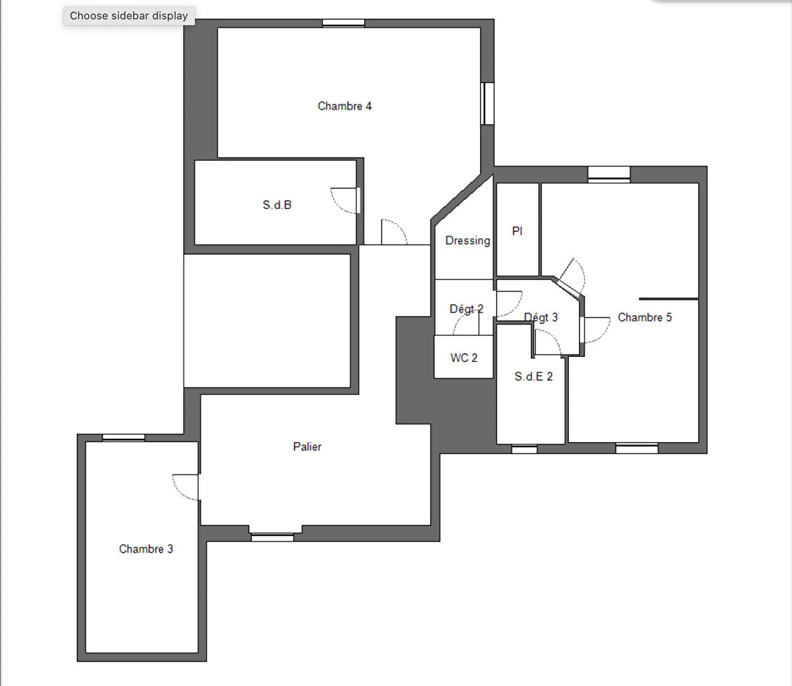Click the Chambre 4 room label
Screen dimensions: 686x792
pyautogui.click(x=345, y=106)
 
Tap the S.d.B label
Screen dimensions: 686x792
pyautogui.click(x=277, y=205)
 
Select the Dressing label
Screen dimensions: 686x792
pyautogui.click(x=468, y=241)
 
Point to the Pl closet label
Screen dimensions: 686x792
pyautogui.click(x=517, y=231)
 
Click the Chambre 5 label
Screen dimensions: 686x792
pyautogui.click(x=645, y=318)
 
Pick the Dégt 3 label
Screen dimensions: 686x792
pyautogui.click(x=541, y=318)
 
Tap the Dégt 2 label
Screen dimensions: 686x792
pyautogui.click(x=467, y=309)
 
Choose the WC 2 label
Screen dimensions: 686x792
pyautogui.click(x=464, y=358)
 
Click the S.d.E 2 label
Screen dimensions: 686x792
pyautogui.click(x=534, y=377)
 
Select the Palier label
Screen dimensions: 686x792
pyautogui.click(x=307, y=447)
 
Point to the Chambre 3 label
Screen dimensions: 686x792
pyautogui.click(x=146, y=549)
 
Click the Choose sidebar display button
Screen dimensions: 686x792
pyautogui.click(x=129, y=16)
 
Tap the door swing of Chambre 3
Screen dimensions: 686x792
pyautogui.click(x=186, y=487)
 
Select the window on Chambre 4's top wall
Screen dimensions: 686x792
pyautogui.click(x=343, y=24)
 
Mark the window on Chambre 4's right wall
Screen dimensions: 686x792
pyautogui.click(x=488, y=104)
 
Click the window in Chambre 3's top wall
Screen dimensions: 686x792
pyautogui.click(x=124, y=438)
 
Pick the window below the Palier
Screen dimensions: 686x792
pyautogui.click(x=273, y=537)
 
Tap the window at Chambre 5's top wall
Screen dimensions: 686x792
pyautogui.click(x=608, y=174)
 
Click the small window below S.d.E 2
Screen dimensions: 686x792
pyautogui.click(x=524, y=449)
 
